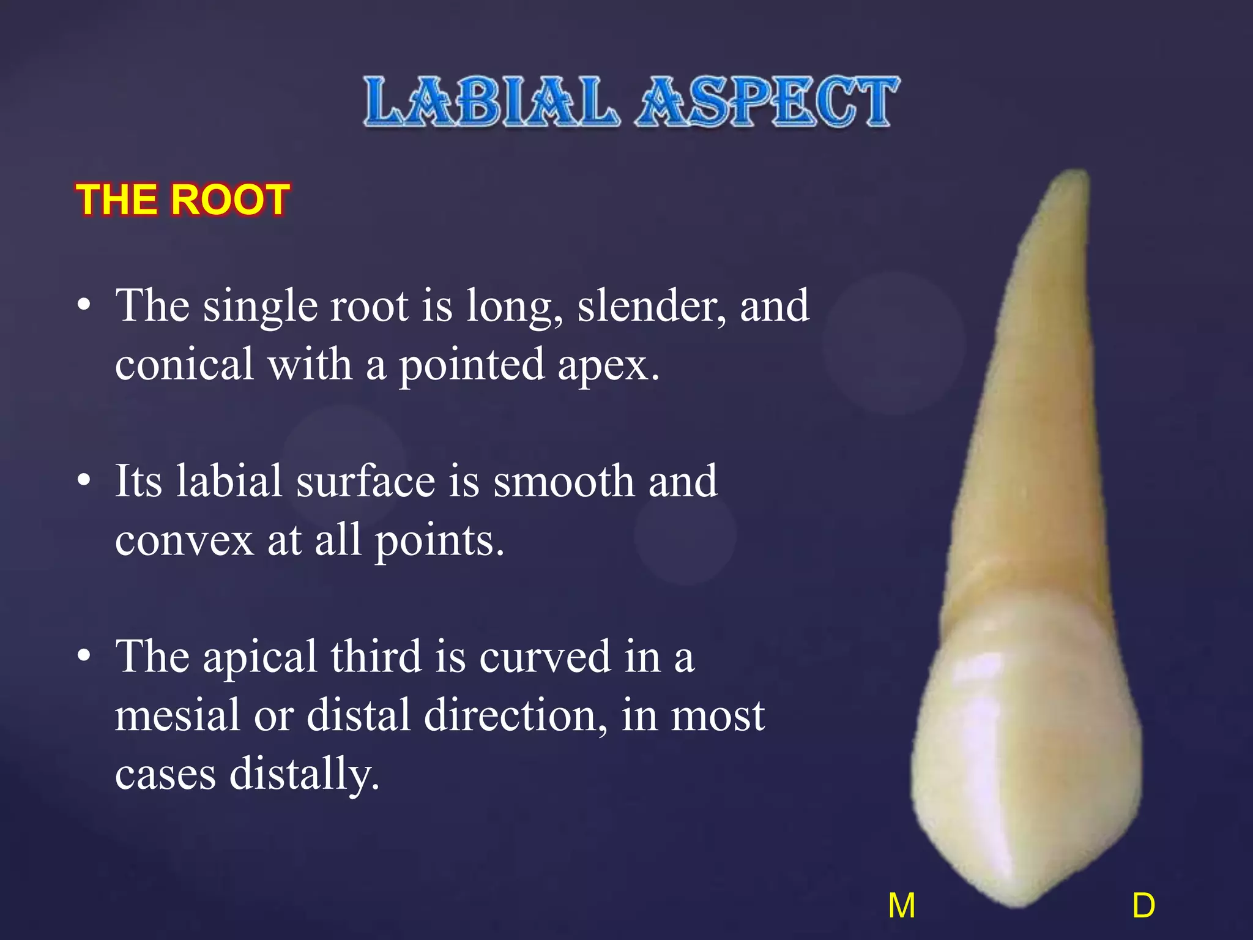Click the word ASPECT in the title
pos(767,102)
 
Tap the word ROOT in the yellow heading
pos(230,200)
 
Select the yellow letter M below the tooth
pos(902,906)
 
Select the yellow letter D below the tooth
pos(1143,906)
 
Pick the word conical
pos(184,364)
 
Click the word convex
pos(184,541)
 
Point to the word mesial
pos(177,715)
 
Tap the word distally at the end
pos(304,774)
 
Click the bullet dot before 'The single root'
pos(84,304)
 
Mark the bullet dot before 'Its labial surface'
pos(84,480)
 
